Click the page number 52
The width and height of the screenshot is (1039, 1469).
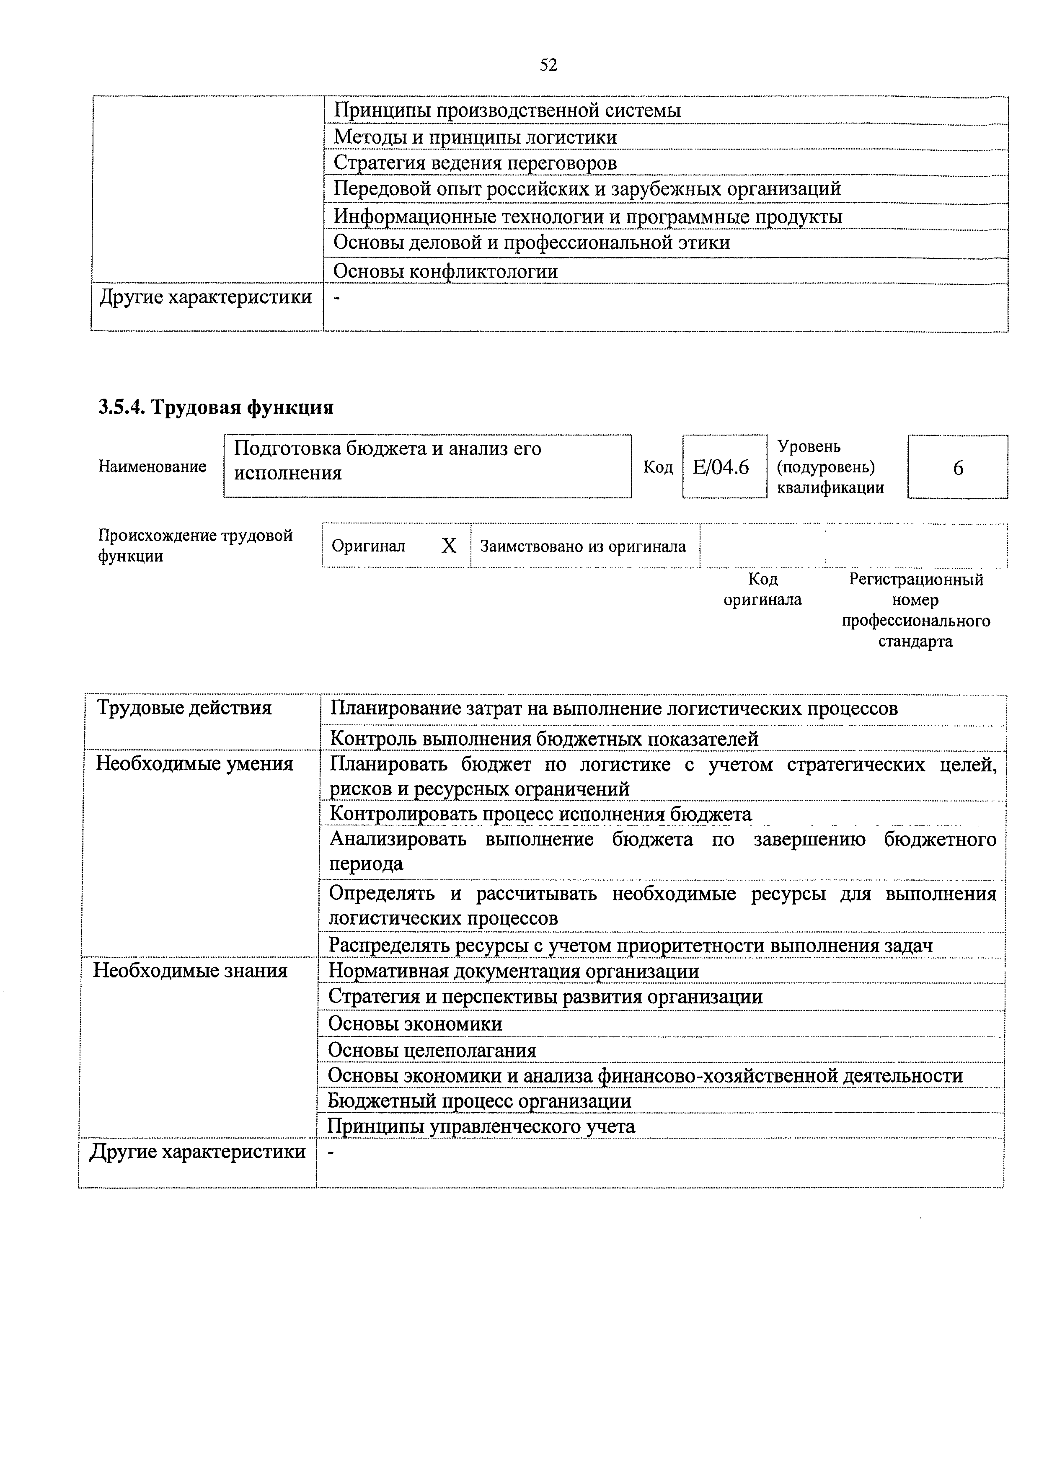point(549,65)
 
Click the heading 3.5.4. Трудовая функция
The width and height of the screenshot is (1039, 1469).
point(216,407)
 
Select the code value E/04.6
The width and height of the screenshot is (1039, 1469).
point(721,468)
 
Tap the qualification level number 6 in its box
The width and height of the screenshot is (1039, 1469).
point(958,468)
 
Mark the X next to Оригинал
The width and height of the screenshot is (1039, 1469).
point(450,546)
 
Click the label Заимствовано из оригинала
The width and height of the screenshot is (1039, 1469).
point(583,546)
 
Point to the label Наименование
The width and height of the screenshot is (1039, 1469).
point(152,466)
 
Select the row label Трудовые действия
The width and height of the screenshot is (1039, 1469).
point(184,708)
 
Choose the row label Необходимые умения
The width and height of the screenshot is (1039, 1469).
point(195,763)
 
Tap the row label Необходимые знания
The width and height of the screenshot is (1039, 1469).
point(190,971)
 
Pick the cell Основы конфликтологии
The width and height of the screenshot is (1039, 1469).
point(446,271)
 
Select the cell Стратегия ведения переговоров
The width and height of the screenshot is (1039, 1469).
point(475,163)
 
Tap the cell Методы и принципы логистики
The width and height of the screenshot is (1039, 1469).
point(475,137)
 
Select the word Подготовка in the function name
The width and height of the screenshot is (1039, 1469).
point(287,448)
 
